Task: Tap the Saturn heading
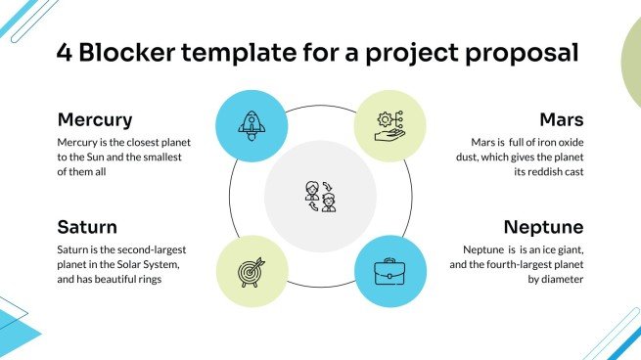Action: pyautogui.click(x=87, y=227)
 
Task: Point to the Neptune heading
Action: pyautogui.click(x=543, y=227)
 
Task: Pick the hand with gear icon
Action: pyautogui.click(x=389, y=123)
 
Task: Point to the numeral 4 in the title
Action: pyautogui.click(x=66, y=52)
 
